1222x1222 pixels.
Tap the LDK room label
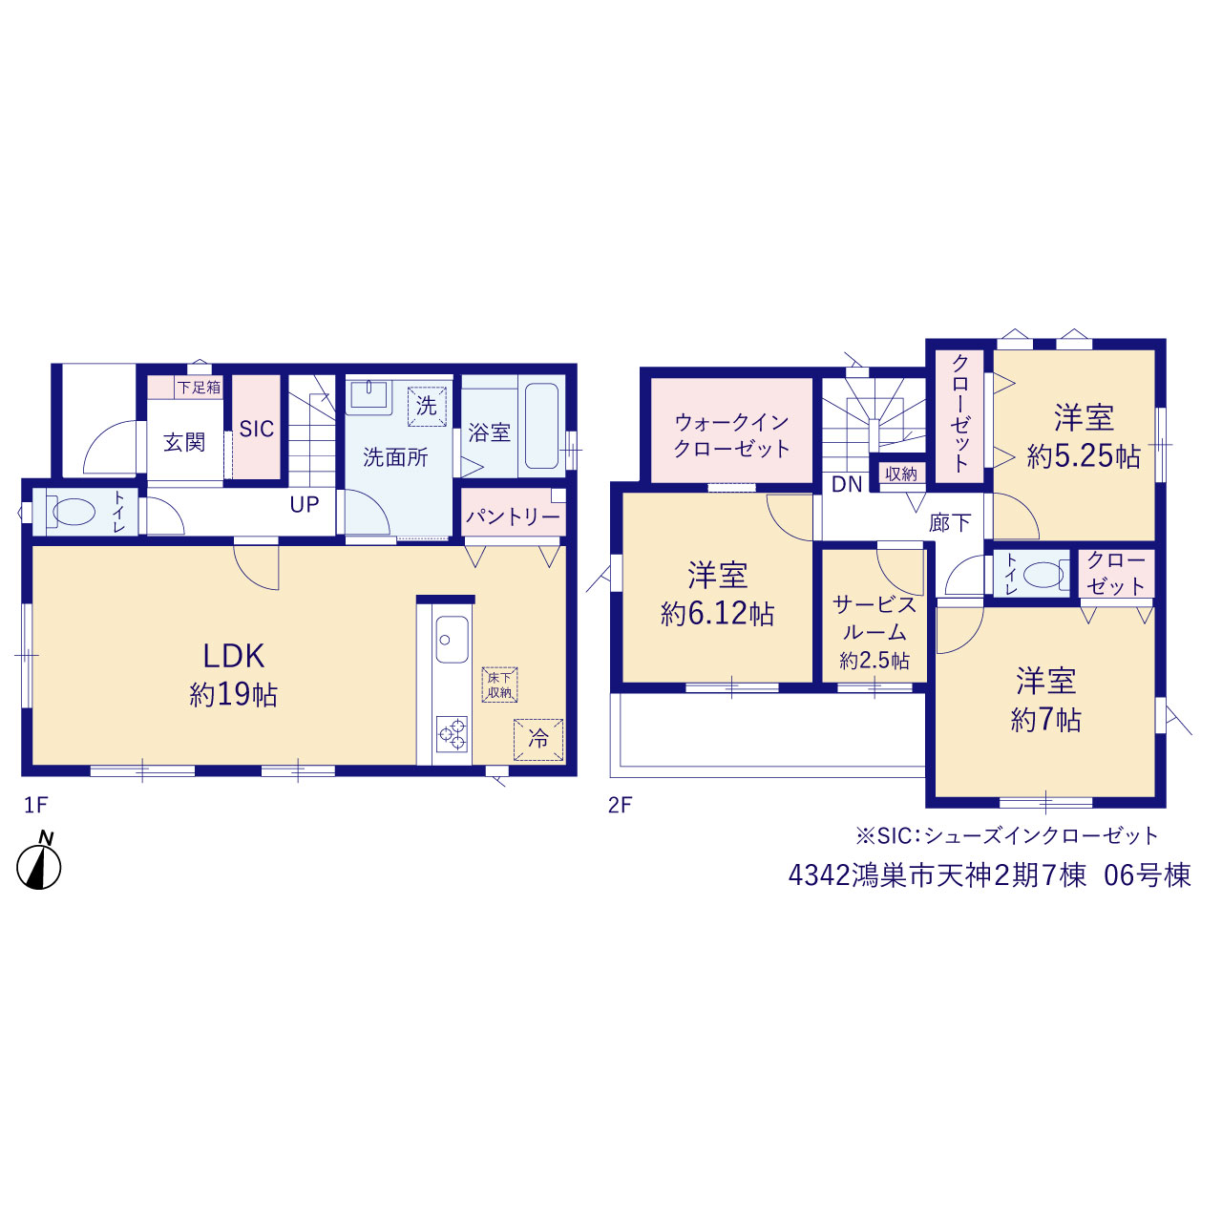pos(233,656)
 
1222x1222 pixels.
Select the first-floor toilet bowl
pos(74,512)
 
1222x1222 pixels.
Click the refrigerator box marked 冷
pos(538,739)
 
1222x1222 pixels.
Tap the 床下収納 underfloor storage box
pos(499,685)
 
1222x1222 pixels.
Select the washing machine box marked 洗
pos(427,406)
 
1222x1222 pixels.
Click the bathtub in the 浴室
pos(542,426)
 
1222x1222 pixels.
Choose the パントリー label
pos(513,516)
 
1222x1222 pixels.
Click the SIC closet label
pos(256,430)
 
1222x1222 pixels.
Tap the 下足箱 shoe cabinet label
pos(200,387)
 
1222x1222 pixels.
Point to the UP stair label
pos(305,505)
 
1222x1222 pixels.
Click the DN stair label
pos(847,484)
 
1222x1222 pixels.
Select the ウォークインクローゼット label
pos(732,435)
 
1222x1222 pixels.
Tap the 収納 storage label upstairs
pos(901,474)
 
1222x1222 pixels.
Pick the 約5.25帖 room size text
pos(1084,456)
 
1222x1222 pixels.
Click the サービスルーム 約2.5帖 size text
pos(874,661)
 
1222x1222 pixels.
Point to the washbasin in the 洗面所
pos(368,395)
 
